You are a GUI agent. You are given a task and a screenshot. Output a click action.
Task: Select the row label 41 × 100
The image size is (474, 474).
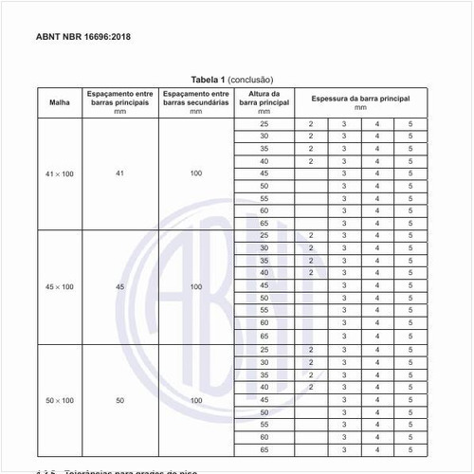click(59, 173)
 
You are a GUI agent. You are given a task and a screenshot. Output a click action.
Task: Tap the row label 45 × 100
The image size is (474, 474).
click(59, 285)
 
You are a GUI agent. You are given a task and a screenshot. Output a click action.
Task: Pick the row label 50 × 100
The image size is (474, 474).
click(59, 400)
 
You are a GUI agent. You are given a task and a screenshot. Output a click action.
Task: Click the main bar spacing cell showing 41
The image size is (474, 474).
click(120, 173)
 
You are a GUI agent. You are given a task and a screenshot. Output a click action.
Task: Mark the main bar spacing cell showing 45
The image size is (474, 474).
click(120, 285)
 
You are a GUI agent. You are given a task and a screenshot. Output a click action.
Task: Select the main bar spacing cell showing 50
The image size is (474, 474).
click(120, 400)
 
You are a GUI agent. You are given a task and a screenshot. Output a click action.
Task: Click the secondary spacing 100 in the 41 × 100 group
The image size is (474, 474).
click(195, 173)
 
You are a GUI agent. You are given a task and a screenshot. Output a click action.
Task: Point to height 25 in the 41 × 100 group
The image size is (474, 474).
click(264, 125)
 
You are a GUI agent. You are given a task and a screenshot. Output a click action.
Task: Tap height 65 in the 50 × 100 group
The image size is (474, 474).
click(264, 449)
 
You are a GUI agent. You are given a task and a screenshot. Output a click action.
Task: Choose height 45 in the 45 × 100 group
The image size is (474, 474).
click(264, 285)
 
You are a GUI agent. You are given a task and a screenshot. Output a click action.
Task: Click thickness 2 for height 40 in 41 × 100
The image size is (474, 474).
click(310, 162)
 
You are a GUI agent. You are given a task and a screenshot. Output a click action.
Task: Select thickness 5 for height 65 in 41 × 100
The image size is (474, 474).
click(410, 223)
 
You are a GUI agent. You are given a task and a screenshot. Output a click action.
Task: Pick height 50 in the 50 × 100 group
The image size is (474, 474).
click(264, 412)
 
